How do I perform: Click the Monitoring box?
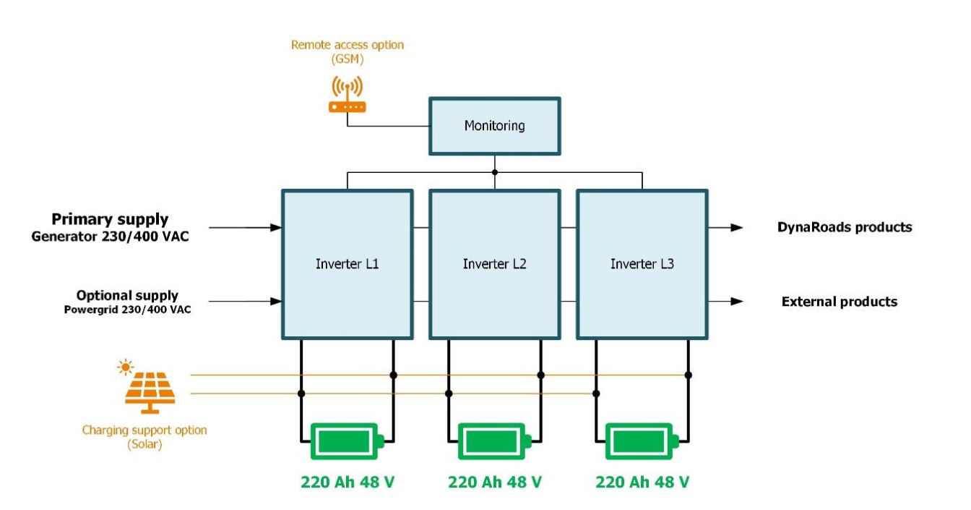click(x=494, y=126)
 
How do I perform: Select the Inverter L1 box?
click(x=347, y=264)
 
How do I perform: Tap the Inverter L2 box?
click(x=495, y=264)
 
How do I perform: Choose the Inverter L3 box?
click(x=642, y=264)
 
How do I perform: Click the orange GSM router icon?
click(x=348, y=96)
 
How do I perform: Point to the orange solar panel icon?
click(x=150, y=391)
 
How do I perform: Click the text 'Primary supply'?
click(x=110, y=219)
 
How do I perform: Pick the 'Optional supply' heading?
click(x=127, y=295)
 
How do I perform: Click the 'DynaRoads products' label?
click(x=845, y=227)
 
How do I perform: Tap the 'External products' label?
click(x=840, y=302)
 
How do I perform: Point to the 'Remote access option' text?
click(x=348, y=45)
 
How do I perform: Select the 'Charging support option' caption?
click(x=144, y=430)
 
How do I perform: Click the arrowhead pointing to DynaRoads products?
click(x=736, y=227)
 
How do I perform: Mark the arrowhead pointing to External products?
click(x=736, y=301)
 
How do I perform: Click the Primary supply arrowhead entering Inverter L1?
click(x=275, y=227)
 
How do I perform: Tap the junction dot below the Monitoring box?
click(x=495, y=172)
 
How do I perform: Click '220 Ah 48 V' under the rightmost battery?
click(x=642, y=482)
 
